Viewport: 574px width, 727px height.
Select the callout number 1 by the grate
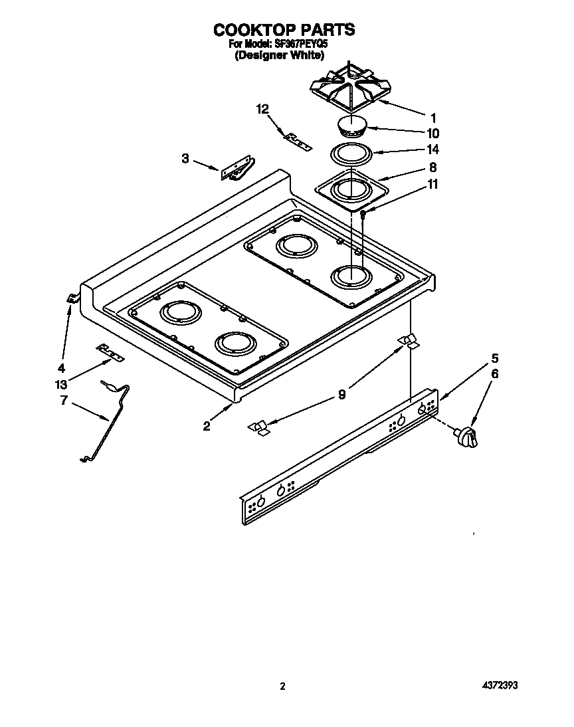click(x=433, y=116)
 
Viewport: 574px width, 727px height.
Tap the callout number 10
click(x=433, y=133)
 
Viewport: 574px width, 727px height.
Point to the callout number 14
click(x=433, y=150)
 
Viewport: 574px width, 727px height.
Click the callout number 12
click(x=263, y=109)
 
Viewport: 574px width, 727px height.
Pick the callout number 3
click(x=185, y=158)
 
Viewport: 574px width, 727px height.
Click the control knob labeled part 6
click(x=466, y=438)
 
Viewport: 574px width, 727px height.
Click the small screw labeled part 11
click(x=363, y=213)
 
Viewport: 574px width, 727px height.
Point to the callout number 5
click(x=494, y=358)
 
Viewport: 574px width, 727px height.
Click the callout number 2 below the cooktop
click(x=207, y=426)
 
